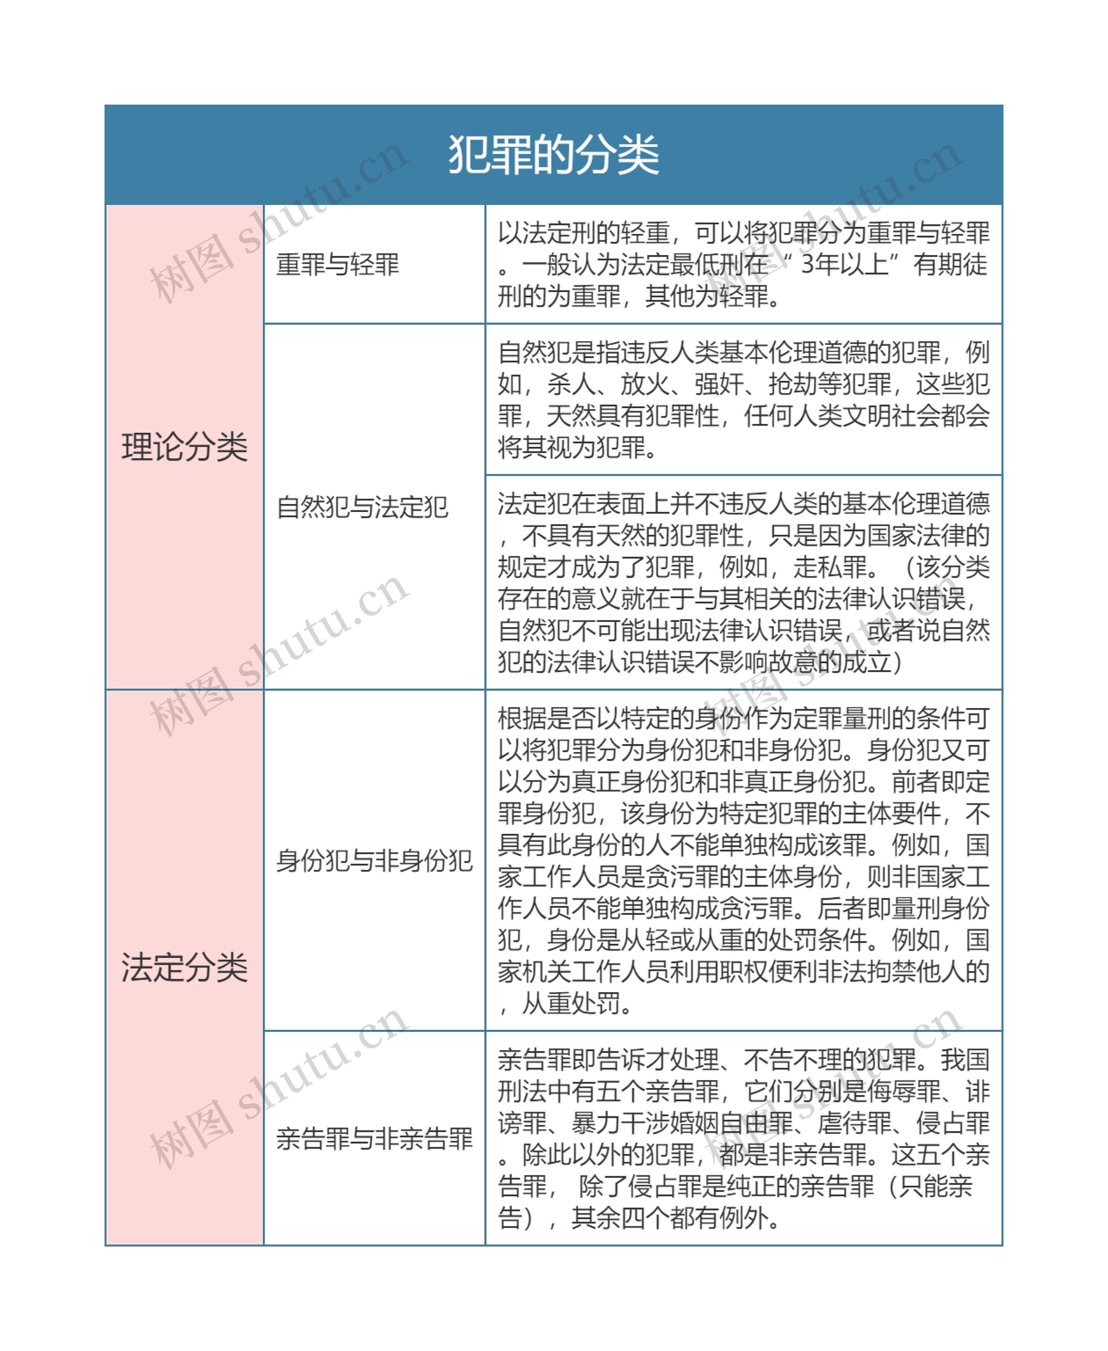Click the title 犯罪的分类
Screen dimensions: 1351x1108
click(554, 155)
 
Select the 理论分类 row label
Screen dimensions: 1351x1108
click(184, 447)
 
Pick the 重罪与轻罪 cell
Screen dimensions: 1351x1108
click(338, 264)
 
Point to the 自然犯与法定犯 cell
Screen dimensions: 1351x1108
click(362, 507)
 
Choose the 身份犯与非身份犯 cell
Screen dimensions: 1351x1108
click(374, 861)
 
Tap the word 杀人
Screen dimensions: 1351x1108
click(571, 384)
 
